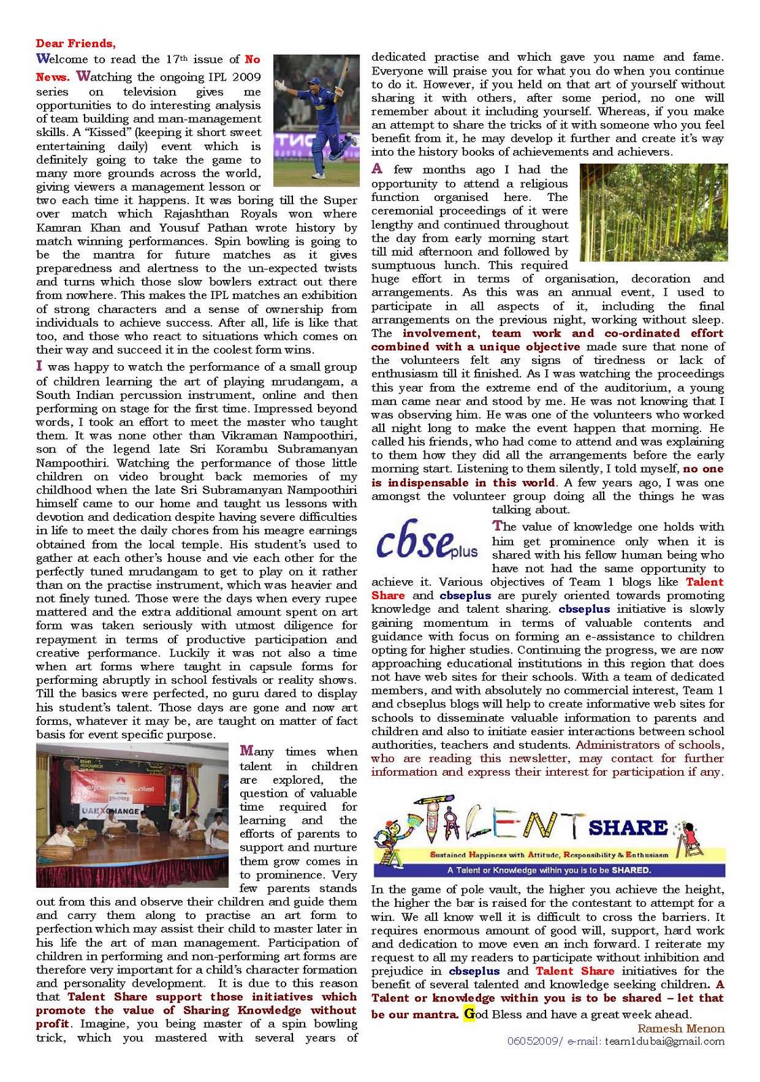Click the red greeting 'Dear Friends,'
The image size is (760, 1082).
pyautogui.click(x=76, y=44)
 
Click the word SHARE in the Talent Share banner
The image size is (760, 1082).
pyautogui.click(x=628, y=828)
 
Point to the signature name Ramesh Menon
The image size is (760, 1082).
pyautogui.click(x=681, y=1029)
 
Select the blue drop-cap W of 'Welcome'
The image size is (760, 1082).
pyautogui.click(x=43, y=59)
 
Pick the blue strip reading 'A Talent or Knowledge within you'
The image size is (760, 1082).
pyautogui.click(x=549, y=870)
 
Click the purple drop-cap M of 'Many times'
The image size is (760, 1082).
pyautogui.click(x=247, y=751)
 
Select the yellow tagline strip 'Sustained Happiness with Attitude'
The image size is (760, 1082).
pyautogui.click(x=549, y=855)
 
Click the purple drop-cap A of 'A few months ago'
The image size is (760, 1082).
pyautogui.click(x=377, y=169)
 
